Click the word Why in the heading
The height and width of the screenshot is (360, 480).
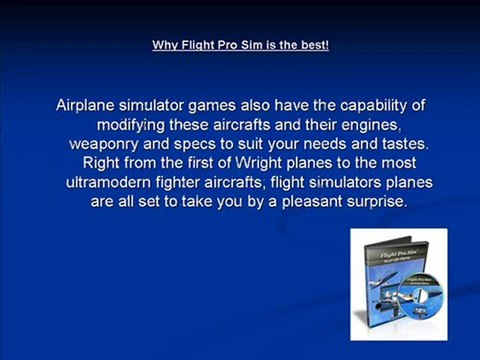(162, 45)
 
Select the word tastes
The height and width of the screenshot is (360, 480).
(397, 143)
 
